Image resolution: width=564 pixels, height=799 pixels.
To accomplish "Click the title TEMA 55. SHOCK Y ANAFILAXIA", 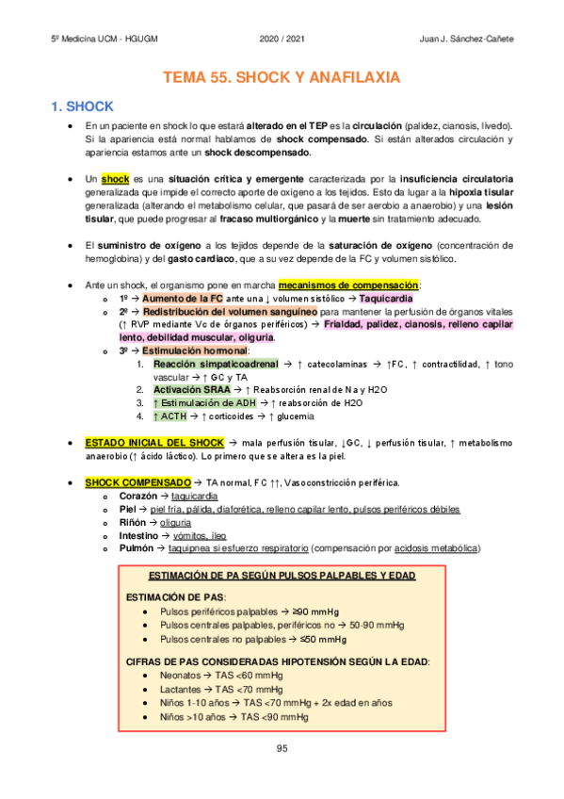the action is (282, 77).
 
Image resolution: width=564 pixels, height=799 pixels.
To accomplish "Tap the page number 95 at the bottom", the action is (282, 748).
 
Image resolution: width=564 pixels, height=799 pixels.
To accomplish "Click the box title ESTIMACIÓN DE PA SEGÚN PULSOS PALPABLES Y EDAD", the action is (282, 576).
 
